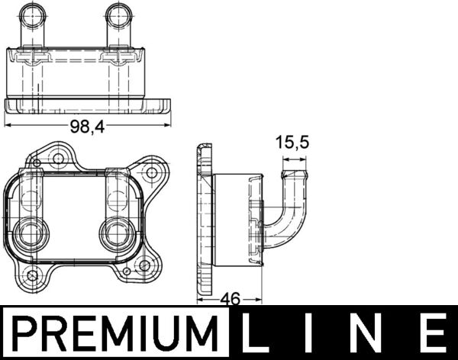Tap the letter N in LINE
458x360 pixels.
[373, 333]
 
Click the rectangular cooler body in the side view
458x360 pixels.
[237, 220]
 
